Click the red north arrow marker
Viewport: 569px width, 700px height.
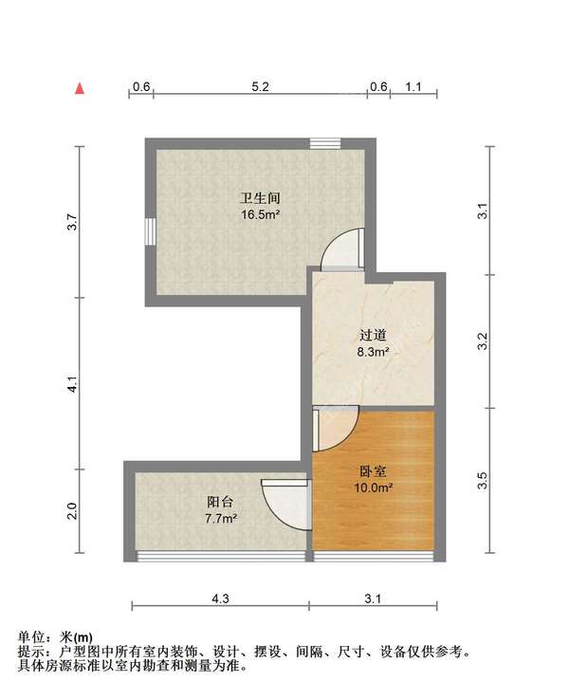tap(82, 89)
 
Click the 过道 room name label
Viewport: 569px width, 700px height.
tap(373, 335)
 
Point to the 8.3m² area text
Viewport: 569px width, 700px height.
tap(373, 352)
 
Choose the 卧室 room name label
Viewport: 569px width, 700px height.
tap(373, 471)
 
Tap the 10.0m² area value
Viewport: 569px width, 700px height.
tap(373, 488)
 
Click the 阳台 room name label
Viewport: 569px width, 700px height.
tap(221, 502)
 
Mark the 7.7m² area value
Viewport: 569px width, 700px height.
tap(221, 519)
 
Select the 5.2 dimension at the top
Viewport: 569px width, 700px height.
tap(261, 86)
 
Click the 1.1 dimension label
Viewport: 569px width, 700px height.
tap(413, 86)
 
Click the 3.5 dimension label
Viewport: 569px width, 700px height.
tap(483, 481)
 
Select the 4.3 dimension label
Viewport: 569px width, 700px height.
tap(220, 598)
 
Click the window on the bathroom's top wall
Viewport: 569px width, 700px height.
tap(324, 143)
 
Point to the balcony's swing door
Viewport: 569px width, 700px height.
tap(286, 503)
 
